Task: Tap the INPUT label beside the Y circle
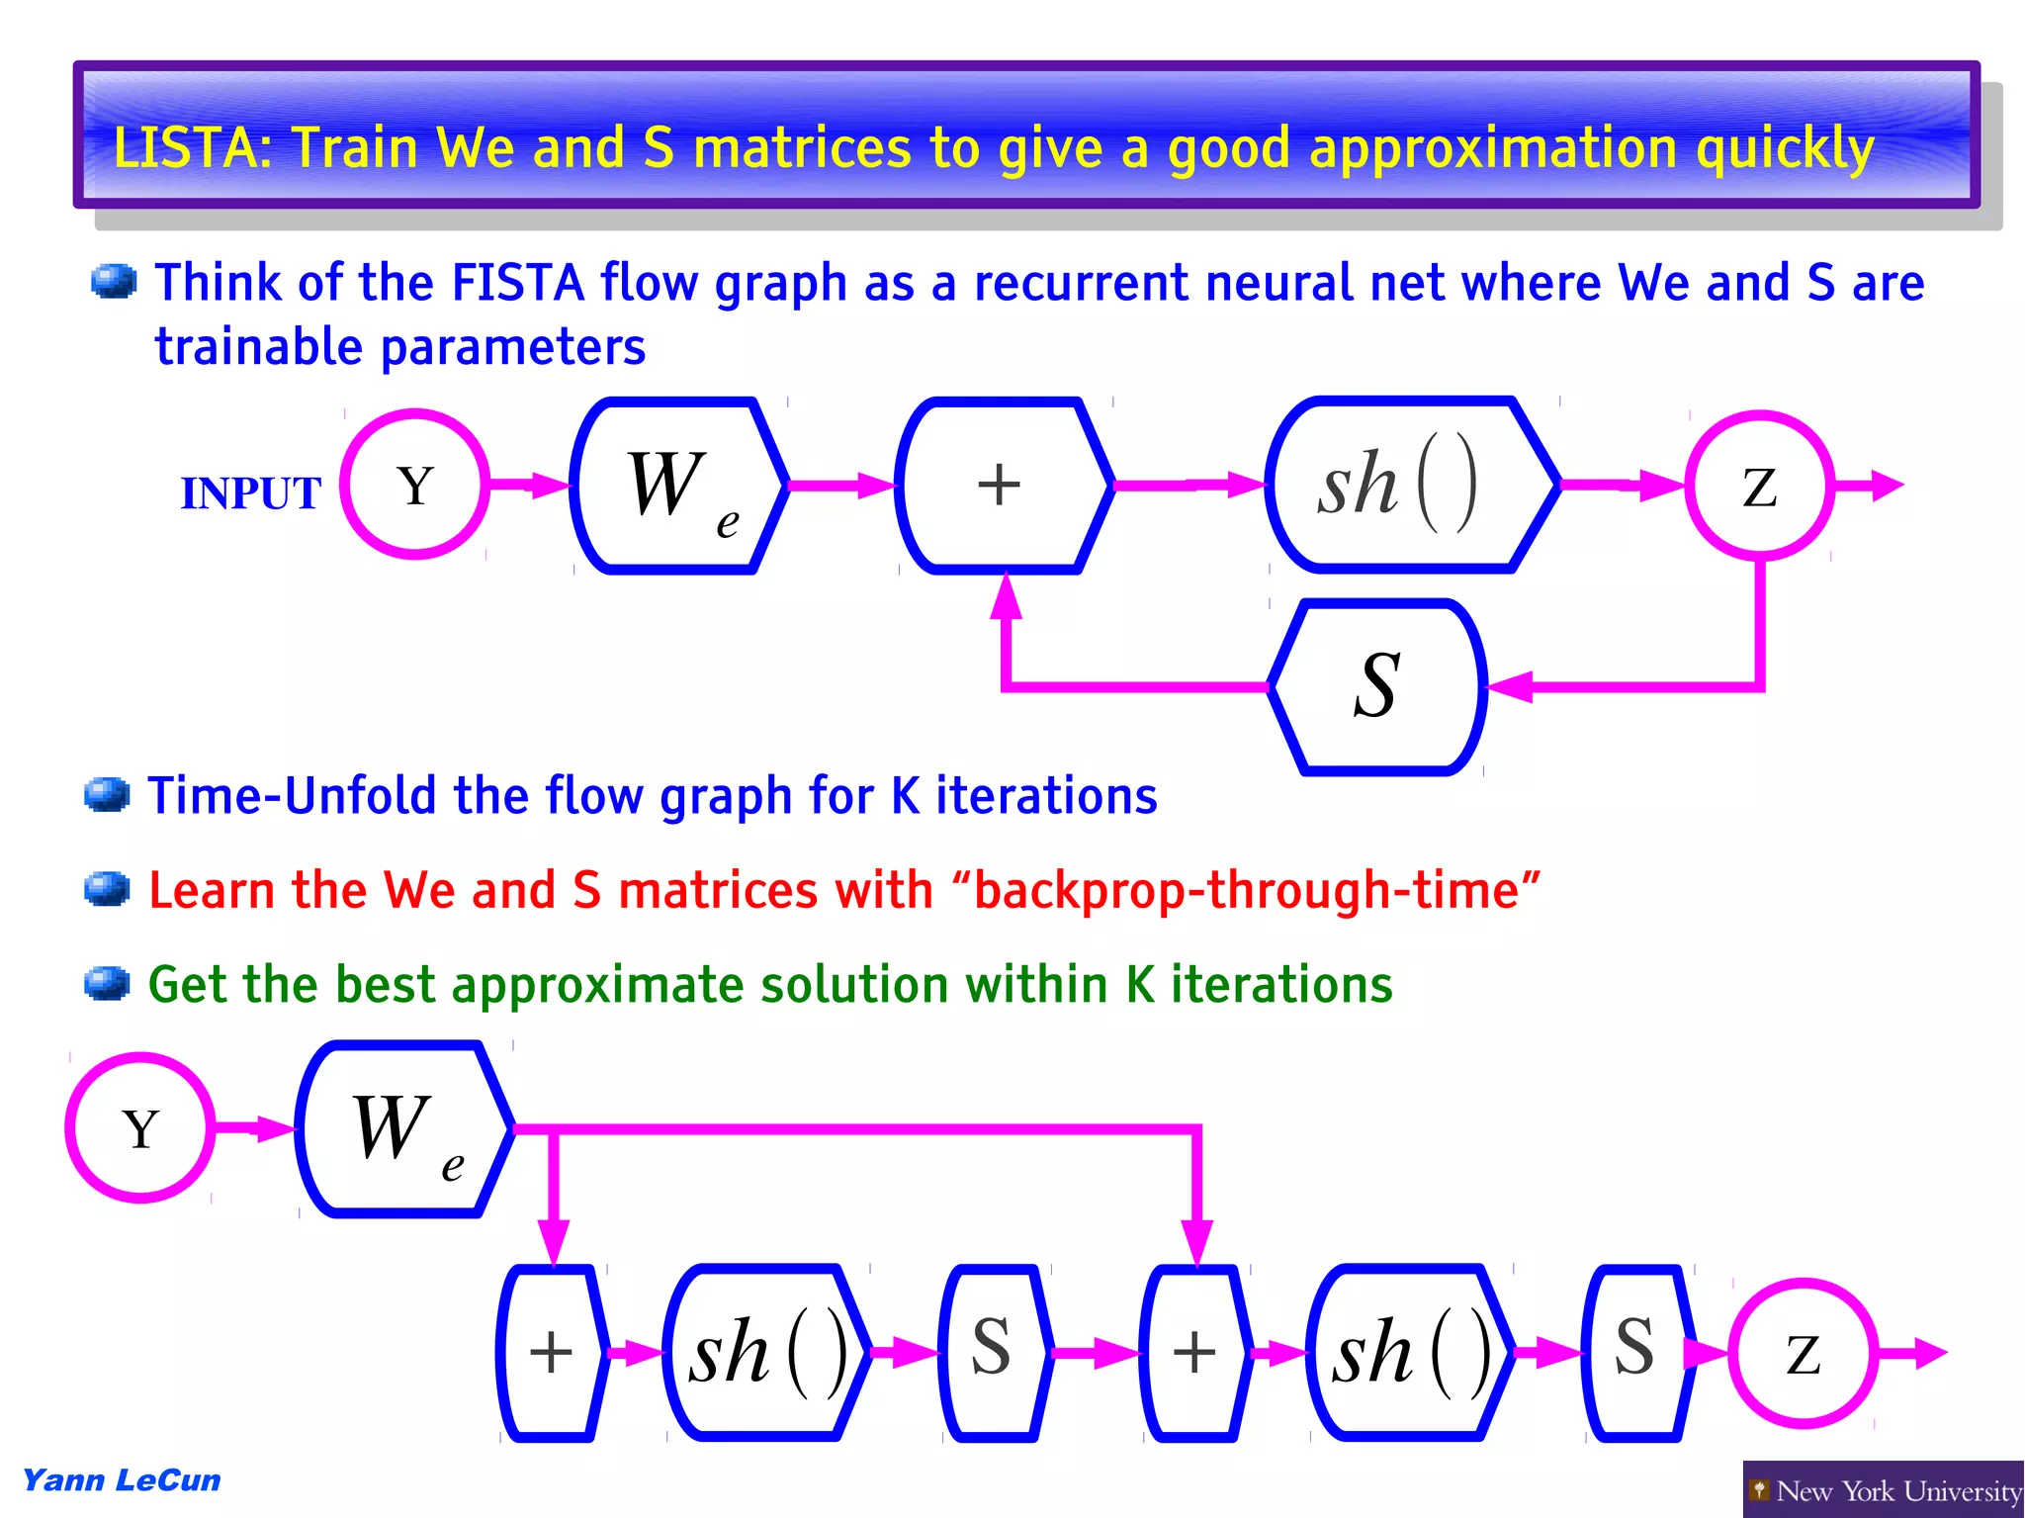(x=250, y=492)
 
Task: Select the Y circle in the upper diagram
(x=415, y=485)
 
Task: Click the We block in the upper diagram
(x=679, y=486)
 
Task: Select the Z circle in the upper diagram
(x=1759, y=486)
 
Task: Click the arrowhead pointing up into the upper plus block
(x=1006, y=595)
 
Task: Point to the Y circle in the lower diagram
(x=140, y=1127)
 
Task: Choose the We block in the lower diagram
(x=403, y=1128)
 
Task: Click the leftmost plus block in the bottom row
(x=551, y=1352)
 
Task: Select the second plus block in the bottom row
(x=1193, y=1352)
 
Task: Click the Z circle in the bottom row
(x=1803, y=1353)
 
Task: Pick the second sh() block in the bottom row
(x=1410, y=1352)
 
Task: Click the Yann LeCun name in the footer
(x=122, y=1480)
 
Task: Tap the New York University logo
(x=1883, y=1489)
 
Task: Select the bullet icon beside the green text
(x=107, y=984)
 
